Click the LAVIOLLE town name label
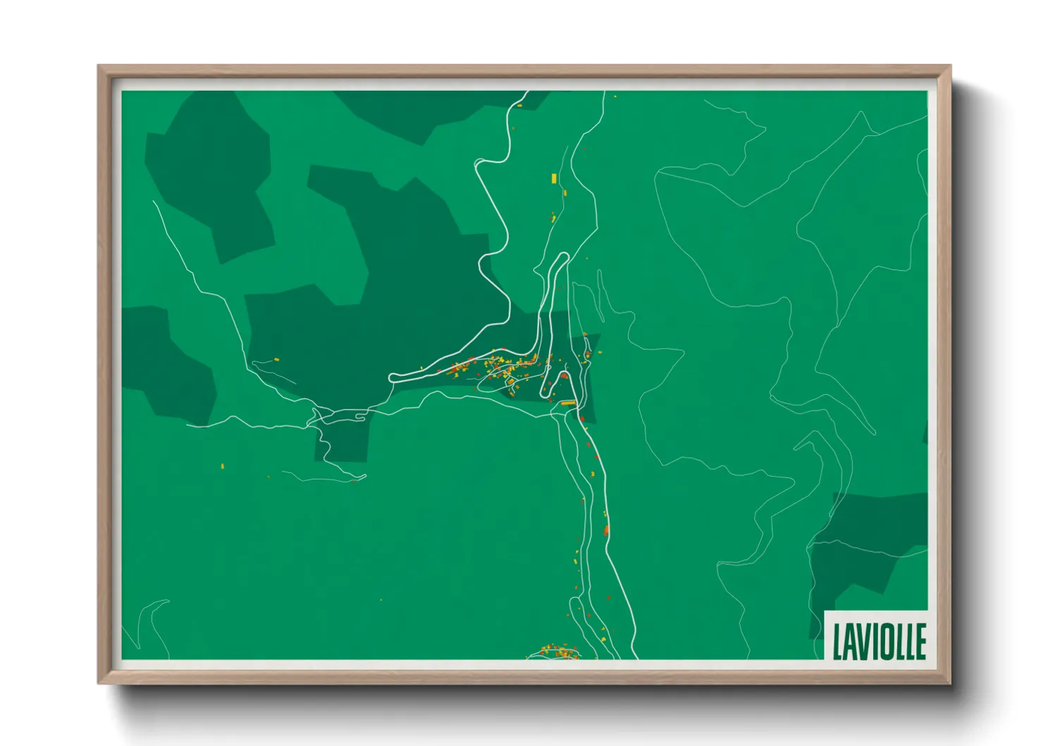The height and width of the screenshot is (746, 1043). tap(878, 640)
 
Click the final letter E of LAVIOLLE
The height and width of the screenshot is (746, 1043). tap(920, 641)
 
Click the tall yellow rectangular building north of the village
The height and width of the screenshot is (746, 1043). tap(554, 178)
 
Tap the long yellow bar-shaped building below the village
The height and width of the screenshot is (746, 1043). tap(568, 403)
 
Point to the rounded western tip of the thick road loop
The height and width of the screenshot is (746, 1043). tap(391, 377)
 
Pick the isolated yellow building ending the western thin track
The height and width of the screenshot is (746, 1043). tap(276, 360)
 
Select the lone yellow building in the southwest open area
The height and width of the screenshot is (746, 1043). tap(223, 466)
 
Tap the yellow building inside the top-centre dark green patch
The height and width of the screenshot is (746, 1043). tap(519, 105)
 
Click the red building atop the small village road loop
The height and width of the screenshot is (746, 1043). tap(564, 376)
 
